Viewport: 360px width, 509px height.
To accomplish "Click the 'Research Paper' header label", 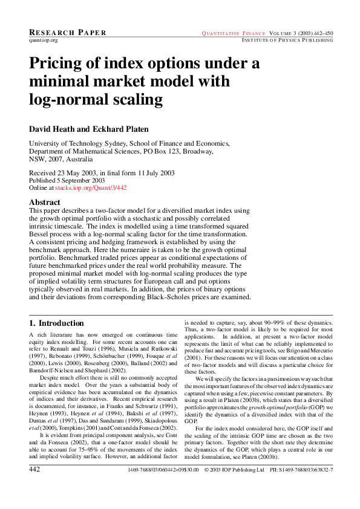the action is point(68,32).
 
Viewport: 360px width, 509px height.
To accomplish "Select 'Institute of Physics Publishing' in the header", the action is point(287,40).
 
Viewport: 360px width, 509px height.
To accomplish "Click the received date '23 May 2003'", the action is point(80,173).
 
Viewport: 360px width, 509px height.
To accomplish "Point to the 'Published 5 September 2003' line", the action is point(67,180).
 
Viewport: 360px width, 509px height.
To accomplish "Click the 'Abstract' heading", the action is point(45,202).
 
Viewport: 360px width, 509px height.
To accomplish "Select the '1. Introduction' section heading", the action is point(57,323).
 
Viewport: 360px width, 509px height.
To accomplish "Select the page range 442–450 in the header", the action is point(321,33).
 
